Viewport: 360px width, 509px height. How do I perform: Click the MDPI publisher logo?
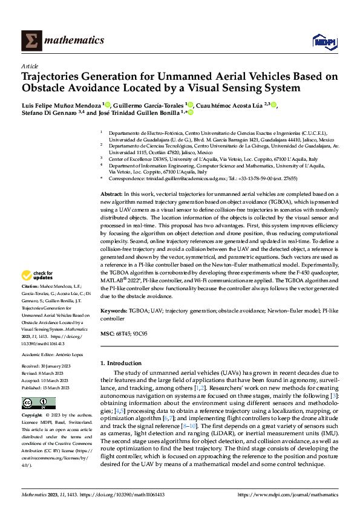click(324, 41)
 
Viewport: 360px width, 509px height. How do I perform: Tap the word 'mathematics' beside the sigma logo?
click(76, 41)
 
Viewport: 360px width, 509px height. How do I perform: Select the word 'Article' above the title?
click(30, 67)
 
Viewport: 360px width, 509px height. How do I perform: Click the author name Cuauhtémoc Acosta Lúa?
click(235, 105)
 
